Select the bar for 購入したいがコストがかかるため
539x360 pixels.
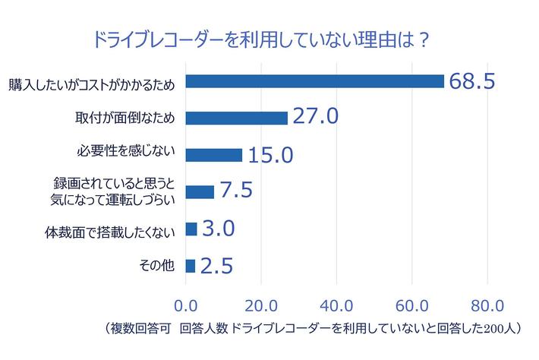(x=314, y=81)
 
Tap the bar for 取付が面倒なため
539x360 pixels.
(x=236, y=118)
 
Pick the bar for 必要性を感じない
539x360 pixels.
(x=213, y=155)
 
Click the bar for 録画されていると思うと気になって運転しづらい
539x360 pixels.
(x=200, y=191)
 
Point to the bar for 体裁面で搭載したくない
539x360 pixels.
(x=191, y=229)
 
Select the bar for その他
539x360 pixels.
(x=191, y=266)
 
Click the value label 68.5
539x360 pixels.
(x=473, y=81)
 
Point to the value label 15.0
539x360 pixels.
(x=270, y=155)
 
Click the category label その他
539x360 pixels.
(x=159, y=266)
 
